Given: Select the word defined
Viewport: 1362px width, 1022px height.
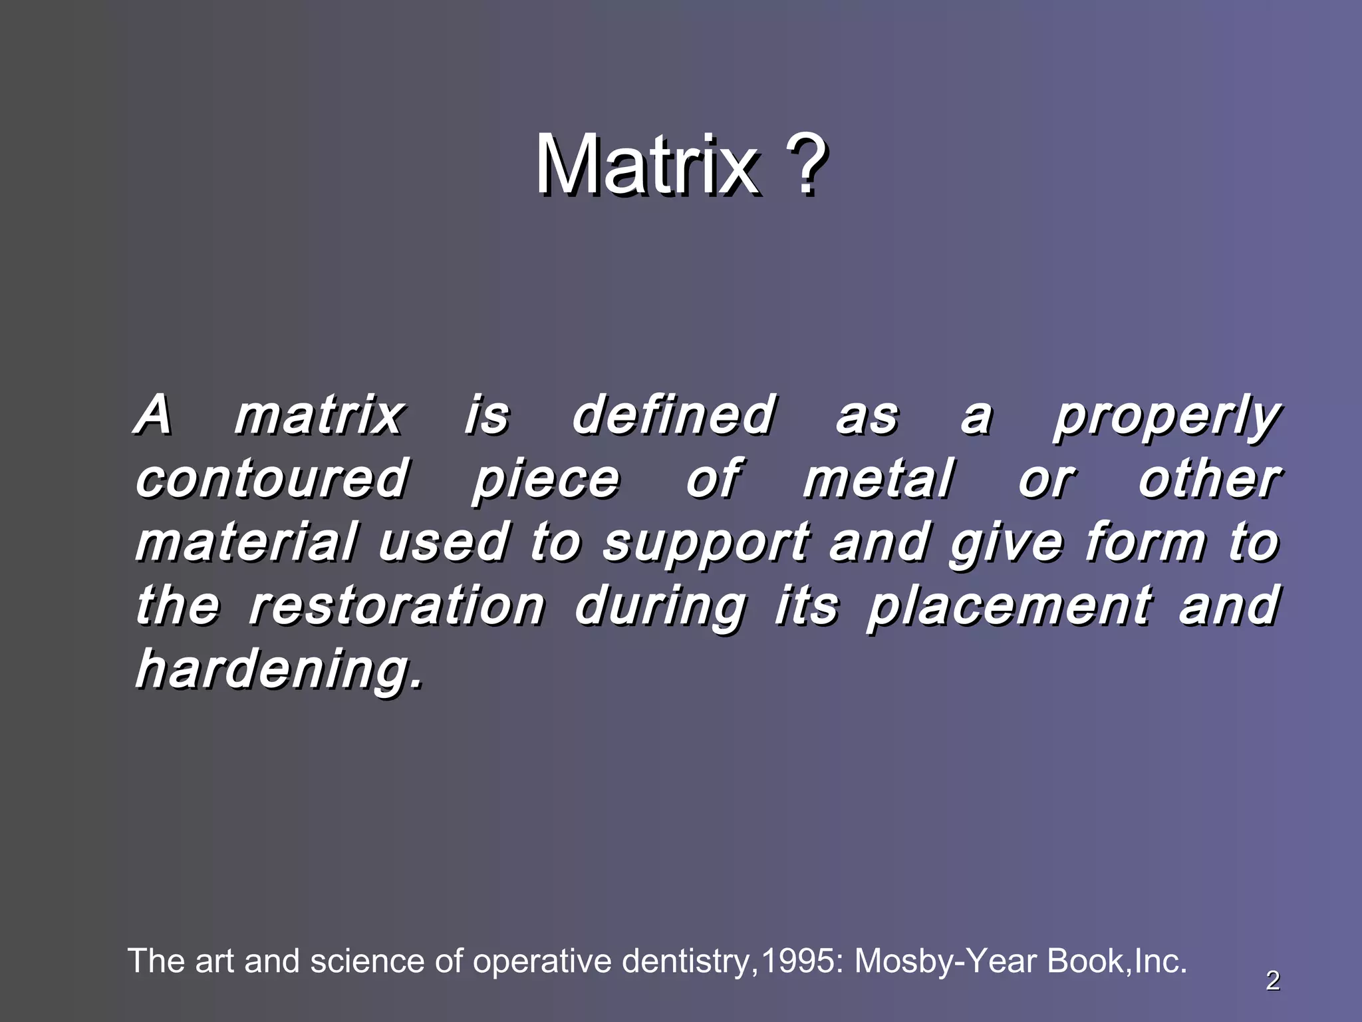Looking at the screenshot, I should coord(673,415).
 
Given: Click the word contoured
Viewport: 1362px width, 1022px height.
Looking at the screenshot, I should coord(271,478).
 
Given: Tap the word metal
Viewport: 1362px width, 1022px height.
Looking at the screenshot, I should coord(879,478).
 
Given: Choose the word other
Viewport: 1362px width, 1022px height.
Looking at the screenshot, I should coord(1209,478).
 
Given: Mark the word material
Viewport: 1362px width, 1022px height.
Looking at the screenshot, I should coord(247,542).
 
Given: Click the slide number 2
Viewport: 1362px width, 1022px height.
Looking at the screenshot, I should coord(1273,981).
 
